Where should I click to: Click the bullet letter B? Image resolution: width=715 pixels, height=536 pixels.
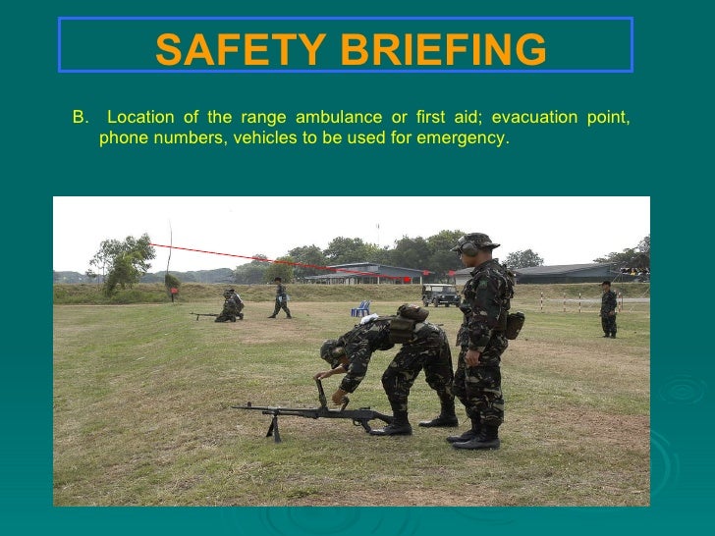pos(79,118)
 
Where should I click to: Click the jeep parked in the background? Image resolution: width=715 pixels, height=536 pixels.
pos(440,294)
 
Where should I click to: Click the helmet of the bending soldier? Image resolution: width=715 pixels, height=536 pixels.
pos(331,349)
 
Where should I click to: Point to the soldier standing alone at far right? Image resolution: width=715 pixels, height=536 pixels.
pos(609,308)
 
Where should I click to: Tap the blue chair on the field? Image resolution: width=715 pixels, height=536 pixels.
pos(361,308)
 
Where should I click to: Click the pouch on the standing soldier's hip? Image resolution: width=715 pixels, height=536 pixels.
pos(514,325)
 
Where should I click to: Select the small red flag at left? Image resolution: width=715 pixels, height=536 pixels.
pos(173,291)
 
